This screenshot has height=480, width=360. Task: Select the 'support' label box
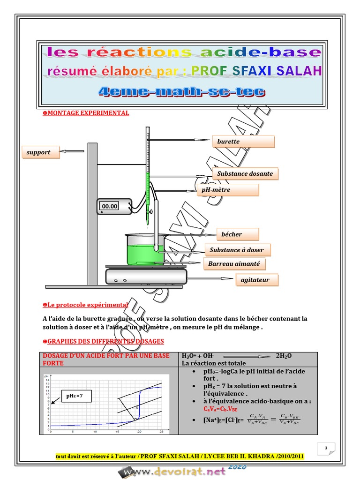(x=40, y=152)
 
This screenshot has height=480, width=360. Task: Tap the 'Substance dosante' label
(x=244, y=173)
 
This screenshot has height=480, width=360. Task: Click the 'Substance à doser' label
(x=237, y=250)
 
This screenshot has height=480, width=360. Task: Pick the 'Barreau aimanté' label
(x=234, y=264)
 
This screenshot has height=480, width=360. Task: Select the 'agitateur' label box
(x=255, y=280)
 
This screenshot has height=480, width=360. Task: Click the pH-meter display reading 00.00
(x=110, y=206)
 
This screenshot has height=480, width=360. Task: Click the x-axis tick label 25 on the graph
(x=161, y=431)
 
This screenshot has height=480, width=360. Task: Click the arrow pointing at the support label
(x=72, y=151)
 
